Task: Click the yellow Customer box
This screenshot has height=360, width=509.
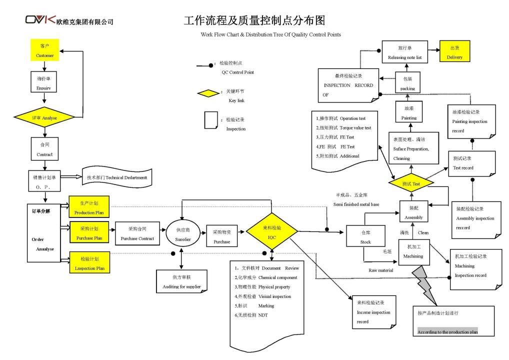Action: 44,50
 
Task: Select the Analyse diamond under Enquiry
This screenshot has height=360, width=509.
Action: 44,117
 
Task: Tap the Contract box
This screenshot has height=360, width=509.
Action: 44,148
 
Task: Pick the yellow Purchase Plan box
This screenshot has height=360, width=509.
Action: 89,233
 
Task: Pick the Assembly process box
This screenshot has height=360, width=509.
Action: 413,212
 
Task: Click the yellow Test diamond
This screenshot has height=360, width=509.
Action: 411,183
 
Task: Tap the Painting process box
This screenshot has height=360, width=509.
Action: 409,112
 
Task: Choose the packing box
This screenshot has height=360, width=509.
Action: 408,83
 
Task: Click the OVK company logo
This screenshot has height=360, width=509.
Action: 40,20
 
